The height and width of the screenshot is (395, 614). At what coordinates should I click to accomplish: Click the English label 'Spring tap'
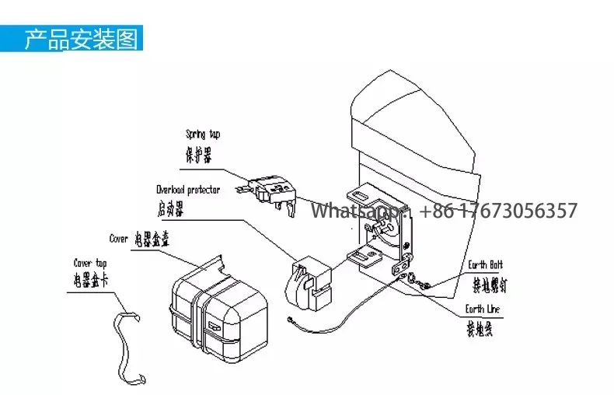point(202,135)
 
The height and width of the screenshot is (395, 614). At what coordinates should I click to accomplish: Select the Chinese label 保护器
point(198,152)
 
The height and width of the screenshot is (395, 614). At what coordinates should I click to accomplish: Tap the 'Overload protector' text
point(187,190)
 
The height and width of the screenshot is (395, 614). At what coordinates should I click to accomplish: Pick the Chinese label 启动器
point(169,208)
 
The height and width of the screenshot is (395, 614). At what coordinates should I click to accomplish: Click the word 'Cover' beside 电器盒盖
point(118,239)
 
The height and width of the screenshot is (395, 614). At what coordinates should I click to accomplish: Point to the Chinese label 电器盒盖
point(152,239)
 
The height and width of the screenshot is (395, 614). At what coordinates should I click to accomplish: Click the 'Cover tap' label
point(92,264)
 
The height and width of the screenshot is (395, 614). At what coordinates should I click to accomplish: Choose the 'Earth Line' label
point(483,309)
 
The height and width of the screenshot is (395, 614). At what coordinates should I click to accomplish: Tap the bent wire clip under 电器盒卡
point(132,342)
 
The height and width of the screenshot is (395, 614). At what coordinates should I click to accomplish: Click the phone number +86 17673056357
point(498,211)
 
